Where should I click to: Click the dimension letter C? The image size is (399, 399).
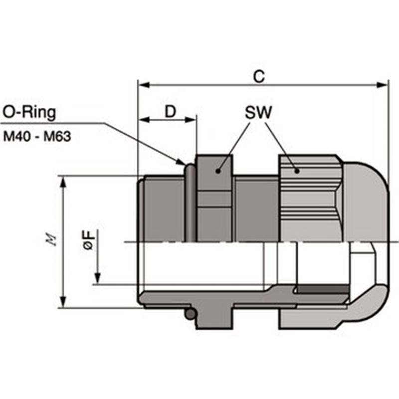pos(258,76)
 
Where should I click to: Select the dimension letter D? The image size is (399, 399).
pos(171,111)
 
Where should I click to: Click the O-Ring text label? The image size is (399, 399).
pos(29,112)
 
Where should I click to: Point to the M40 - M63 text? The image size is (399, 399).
pos(37,136)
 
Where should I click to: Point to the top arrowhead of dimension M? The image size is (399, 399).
pos(63,180)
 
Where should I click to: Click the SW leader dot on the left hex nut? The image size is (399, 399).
pos(217,171)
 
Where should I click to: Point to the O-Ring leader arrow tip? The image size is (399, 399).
pos(183,162)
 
